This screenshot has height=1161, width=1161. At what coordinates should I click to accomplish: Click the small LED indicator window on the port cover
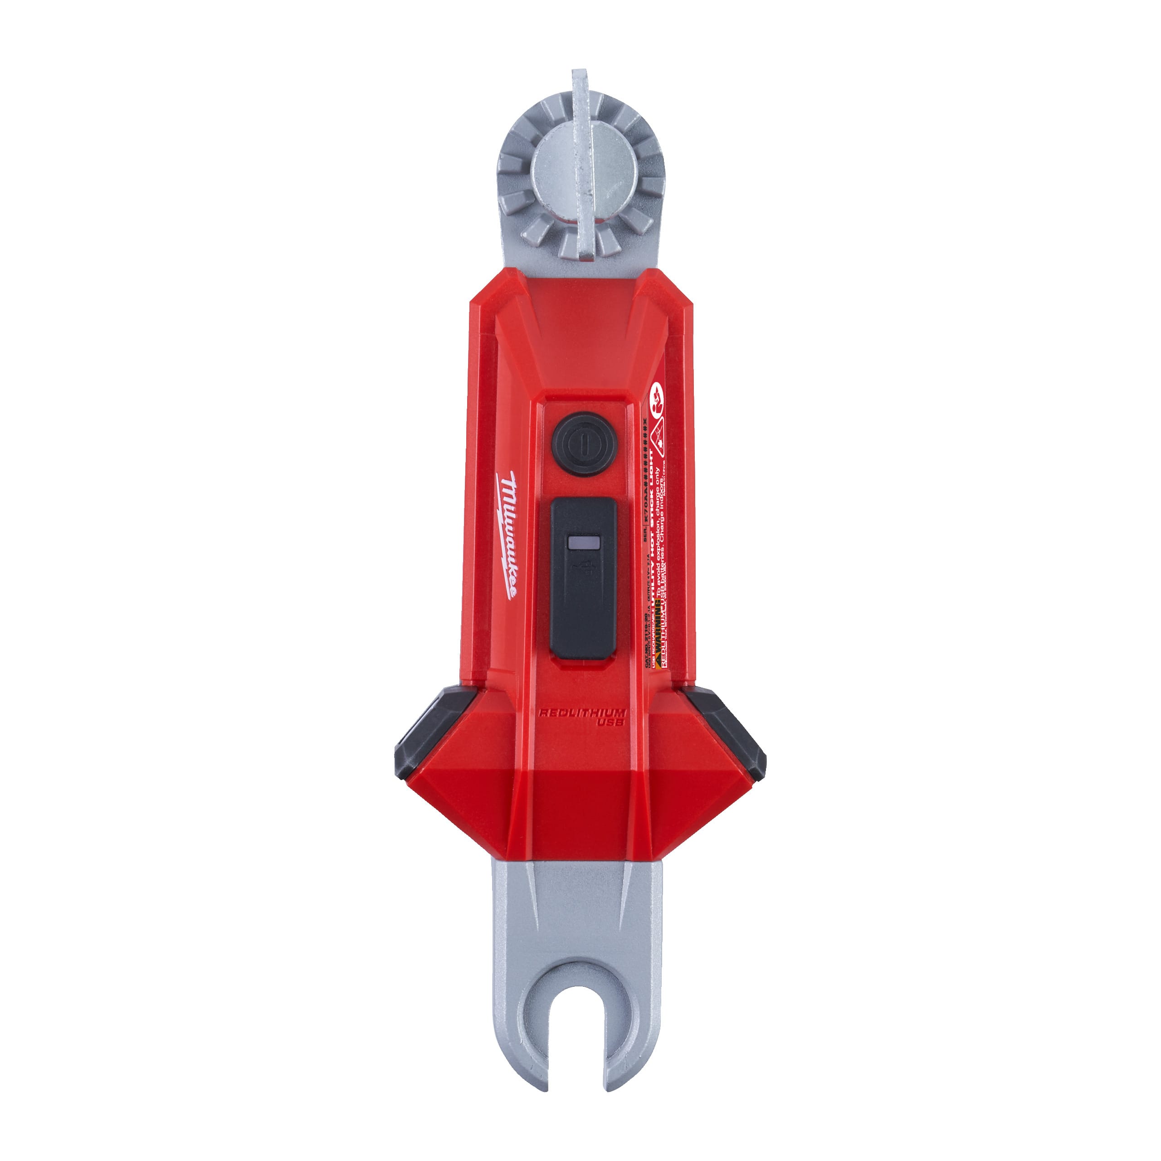(582, 543)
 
